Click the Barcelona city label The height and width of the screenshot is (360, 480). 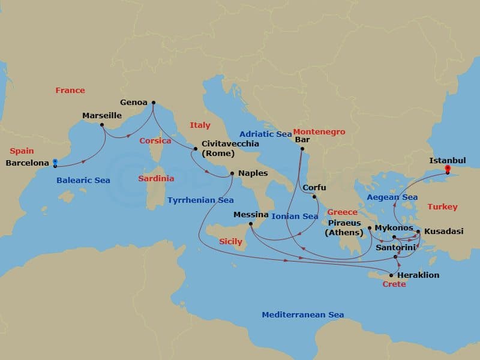(x=27, y=163)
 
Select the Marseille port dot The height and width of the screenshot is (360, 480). (x=102, y=125)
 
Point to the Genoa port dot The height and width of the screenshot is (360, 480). (x=153, y=102)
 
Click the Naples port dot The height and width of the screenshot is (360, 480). (x=232, y=174)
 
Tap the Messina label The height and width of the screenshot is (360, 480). (x=251, y=214)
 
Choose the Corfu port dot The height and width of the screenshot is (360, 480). (x=314, y=196)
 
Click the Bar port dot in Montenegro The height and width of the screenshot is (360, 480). (x=302, y=149)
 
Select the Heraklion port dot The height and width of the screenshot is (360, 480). (x=391, y=275)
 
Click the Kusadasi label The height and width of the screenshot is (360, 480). (x=443, y=231)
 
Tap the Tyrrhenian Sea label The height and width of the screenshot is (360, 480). (x=200, y=200)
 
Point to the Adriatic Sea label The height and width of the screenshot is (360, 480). (x=265, y=134)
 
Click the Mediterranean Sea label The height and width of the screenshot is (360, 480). (x=302, y=314)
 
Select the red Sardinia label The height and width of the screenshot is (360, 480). (x=156, y=178)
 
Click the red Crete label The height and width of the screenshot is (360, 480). (x=394, y=284)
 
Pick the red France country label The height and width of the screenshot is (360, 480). (x=70, y=91)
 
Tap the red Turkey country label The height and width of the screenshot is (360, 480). (x=442, y=206)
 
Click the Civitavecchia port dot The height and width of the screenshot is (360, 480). (x=195, y=149)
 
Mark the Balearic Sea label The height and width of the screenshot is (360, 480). (x=83, y=180)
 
